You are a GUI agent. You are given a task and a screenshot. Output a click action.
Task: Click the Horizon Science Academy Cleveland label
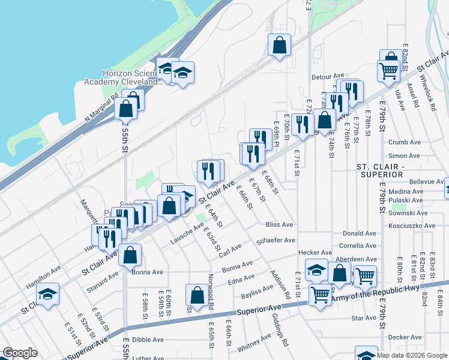(x=132, y=77)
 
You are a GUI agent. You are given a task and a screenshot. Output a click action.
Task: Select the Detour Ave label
(x=327, y=77)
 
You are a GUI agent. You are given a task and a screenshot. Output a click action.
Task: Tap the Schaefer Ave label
(x=276, y=240)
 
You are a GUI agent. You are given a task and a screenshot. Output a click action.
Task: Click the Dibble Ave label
(x=148, y=340)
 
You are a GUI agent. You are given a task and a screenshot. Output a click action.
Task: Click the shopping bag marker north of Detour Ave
(x=280, y=44)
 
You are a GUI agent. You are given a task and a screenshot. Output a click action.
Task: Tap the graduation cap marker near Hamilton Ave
(x=47, y=294)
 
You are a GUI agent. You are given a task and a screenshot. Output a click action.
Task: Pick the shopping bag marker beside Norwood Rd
(x=197, y=295)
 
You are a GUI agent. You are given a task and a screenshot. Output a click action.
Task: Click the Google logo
(x=20, y=353)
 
